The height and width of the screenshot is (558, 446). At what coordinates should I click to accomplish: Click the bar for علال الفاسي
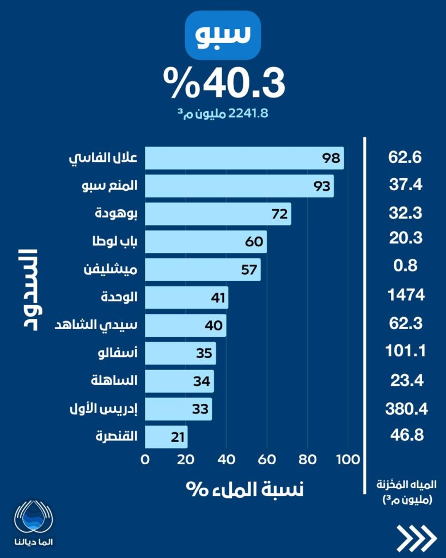click(x=245, y=158)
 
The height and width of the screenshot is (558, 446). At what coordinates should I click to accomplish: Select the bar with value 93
click(x=240, y=186)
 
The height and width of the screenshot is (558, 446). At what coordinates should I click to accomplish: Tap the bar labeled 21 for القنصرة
click(x=166, y=436)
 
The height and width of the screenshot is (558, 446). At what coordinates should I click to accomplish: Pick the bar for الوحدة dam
click(x=187, y=298)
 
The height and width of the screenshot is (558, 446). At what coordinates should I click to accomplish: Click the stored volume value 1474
click(x=405, y=296)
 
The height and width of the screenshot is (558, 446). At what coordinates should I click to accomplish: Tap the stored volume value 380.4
click(x=405, y=408)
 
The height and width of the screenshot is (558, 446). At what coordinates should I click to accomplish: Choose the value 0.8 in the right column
click(x=405, y=266)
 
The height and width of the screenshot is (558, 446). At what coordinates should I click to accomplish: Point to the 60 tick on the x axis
click(x=267, y=459)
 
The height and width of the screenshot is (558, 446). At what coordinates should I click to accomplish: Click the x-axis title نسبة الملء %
click(x=245, y=488)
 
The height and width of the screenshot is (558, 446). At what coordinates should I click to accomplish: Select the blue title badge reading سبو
click(x=223, y=34)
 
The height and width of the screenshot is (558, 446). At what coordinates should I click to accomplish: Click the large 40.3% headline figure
click(x=224, y=82)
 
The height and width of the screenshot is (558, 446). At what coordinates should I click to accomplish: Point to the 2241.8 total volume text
click(x=224, y=113)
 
